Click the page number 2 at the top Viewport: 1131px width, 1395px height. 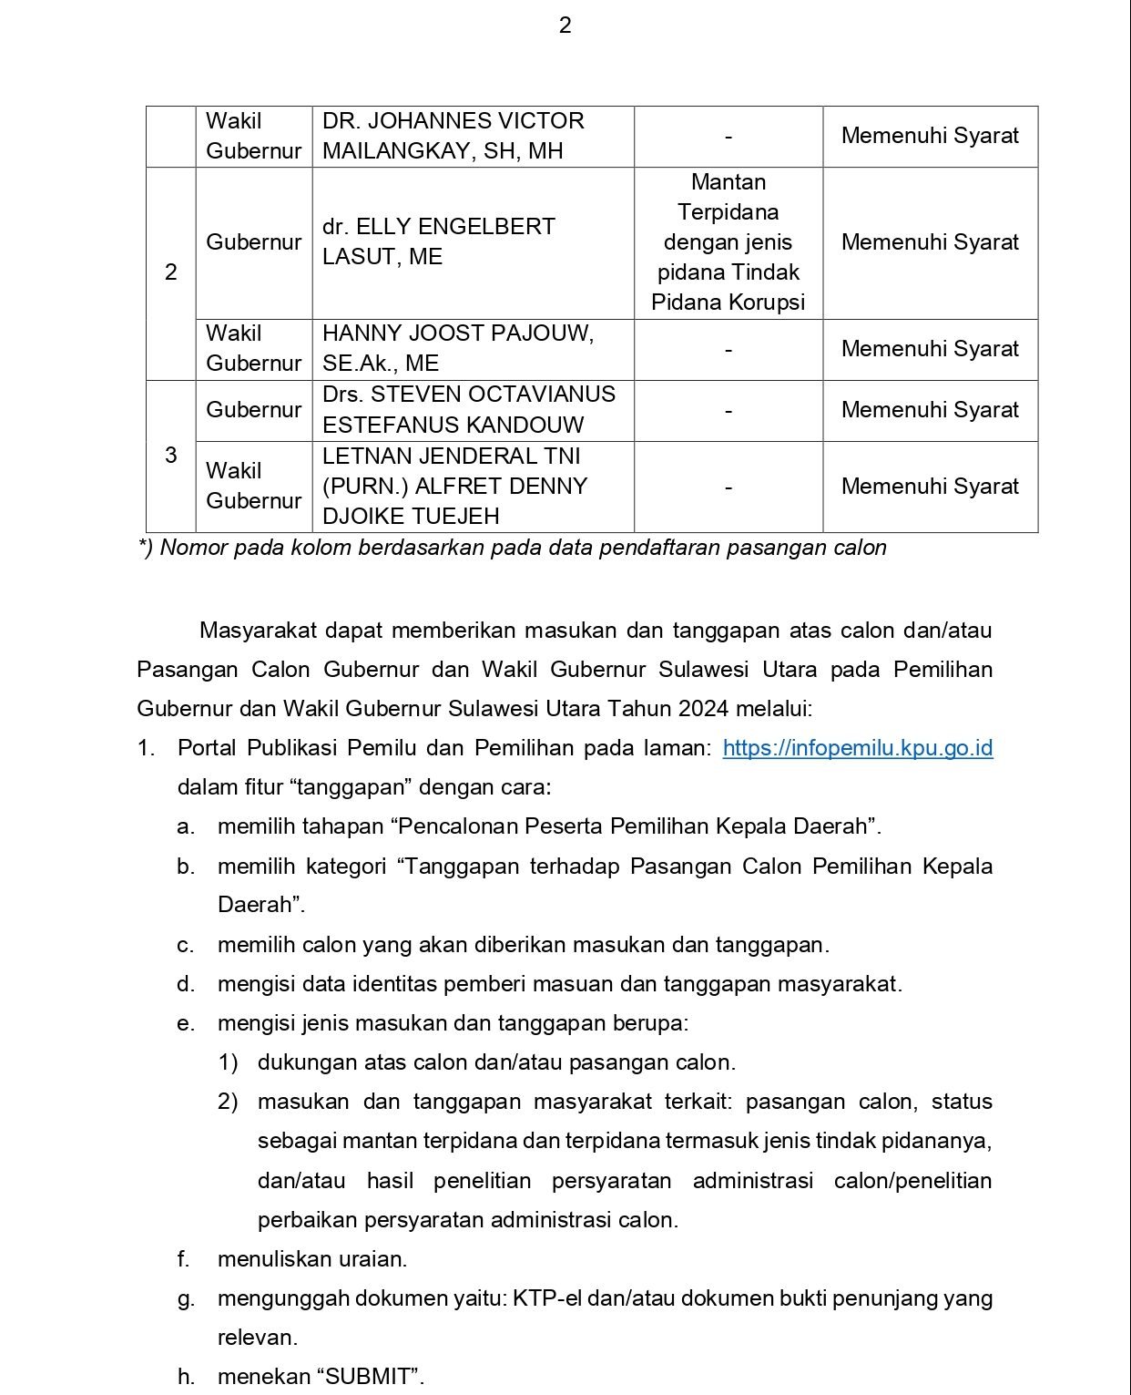[565, 26]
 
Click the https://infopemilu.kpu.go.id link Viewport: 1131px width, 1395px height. [857, 748]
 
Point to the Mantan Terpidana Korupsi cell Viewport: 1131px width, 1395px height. [728, 242]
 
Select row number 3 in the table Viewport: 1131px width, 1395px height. [170, 455]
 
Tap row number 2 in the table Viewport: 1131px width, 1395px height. [170, 272]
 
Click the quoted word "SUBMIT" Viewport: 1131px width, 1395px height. [369, 1376]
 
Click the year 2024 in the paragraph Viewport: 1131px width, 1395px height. [705, 709]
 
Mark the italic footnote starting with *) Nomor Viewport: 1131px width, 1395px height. [512, 549]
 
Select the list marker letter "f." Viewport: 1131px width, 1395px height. [184, 1259]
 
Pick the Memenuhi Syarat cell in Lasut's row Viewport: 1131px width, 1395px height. [930, 242]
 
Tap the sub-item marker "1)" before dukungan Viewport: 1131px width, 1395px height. [228, 1062]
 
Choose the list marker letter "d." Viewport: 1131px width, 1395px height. [186, 984]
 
